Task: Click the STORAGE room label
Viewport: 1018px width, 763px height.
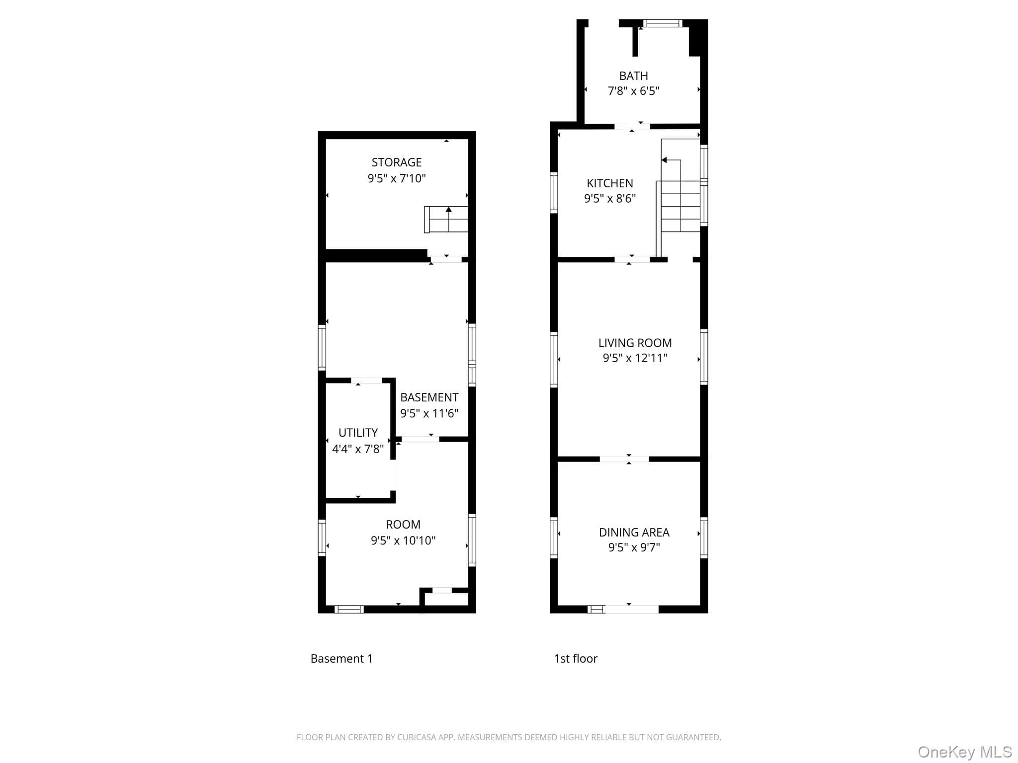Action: (397, 162)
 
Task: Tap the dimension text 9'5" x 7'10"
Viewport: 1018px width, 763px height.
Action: (397, 178)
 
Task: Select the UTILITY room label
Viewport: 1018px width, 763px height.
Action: (358, 433)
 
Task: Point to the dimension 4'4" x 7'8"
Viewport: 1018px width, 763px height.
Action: (358, 449)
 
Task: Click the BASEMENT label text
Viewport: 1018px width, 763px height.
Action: (429, 397)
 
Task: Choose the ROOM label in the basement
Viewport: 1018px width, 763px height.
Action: (403, 525)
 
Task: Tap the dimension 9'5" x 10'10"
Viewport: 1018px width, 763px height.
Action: (403, 540)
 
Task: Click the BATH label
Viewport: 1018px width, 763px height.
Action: (634, 76)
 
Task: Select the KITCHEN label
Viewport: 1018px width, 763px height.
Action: (610, 183)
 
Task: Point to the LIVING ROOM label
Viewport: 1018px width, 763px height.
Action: (635, 343)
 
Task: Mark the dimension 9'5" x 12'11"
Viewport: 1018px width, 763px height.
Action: (635, 358)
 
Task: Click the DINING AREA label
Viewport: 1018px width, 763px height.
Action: (634, 533)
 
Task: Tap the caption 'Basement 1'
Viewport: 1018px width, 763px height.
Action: (341, 659)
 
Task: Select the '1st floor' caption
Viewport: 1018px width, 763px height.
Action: (576, 659)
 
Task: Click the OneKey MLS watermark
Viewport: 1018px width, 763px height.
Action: (965, 752)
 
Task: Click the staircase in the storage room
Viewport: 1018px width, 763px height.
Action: (446, 219)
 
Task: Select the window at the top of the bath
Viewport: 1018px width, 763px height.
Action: (663, 23)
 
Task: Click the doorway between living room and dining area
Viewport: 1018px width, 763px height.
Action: (624, 459)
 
